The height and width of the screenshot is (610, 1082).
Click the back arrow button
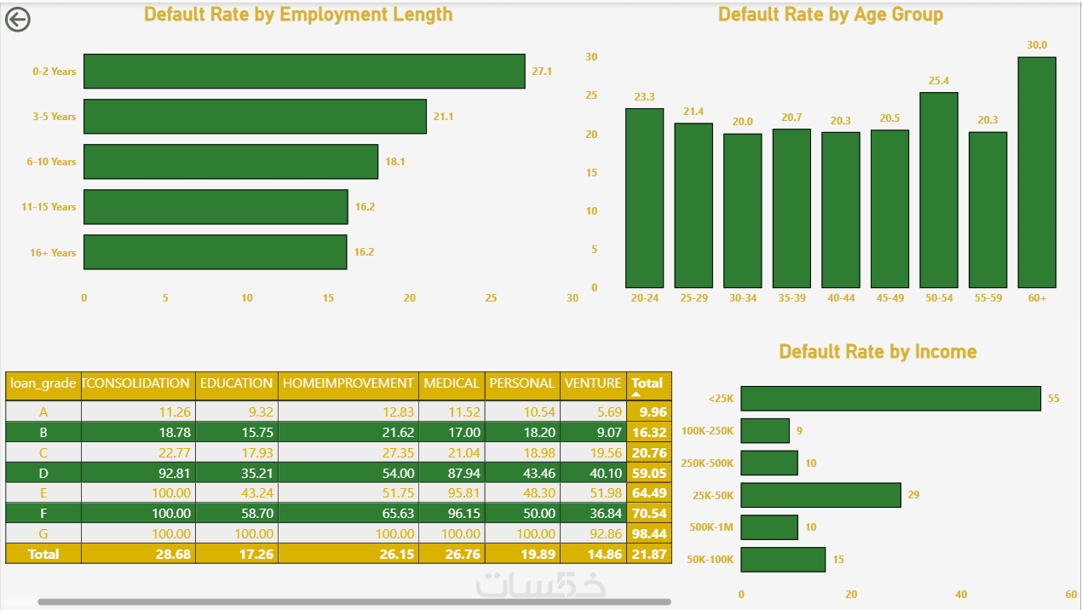pyautogui.click(x=18, y=20)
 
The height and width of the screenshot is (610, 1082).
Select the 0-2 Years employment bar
pyautogui.click(x=304, y=71)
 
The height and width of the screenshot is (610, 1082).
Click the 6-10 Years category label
pyautogui.click(x=51, y=162)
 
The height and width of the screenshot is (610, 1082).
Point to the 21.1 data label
pyautogui.click(x=443, y=117)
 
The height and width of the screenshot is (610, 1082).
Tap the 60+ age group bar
pyautogui.click(x=1037, y=172)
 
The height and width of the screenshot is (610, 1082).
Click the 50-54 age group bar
pyautogui.click(x=939, y=190)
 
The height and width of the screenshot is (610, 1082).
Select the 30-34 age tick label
pyautogui.click(x=743, y=298)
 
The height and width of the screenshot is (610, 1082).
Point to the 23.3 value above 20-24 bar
pyautogui.click(x=644, y=97)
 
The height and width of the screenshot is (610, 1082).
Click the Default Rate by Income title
pyautogui.click(x=878, y=352)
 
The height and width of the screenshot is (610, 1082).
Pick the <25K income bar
pyautogui.click(x=890, y=399)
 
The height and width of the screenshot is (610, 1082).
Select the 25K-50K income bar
pyautogui.click(x=820, y=495)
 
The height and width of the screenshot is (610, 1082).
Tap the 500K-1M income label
pyautogui.click(x=711, y=527)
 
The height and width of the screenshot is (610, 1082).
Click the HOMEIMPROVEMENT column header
pyautogui.click(x=348, y=383)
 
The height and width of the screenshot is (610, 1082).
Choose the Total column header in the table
pyautogui.click(x=647, y=383)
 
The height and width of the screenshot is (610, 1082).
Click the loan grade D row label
pyautogui.click(x=43, y=474)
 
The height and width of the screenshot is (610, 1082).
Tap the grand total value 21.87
pyautogui.click(x=648, y=554)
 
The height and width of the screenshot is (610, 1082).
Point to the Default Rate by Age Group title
pyautogui.click(x=831, y=14)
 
